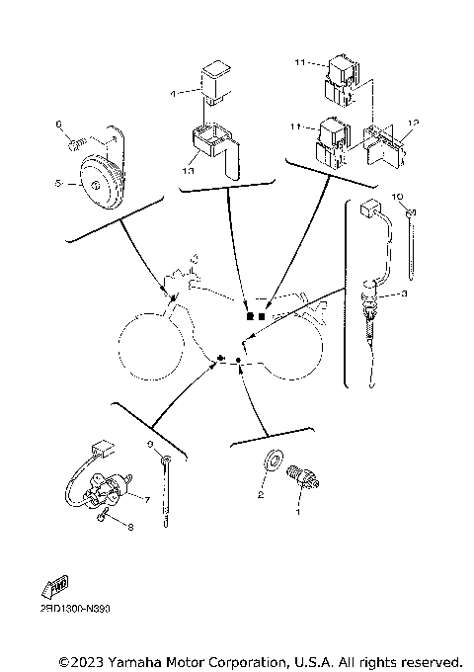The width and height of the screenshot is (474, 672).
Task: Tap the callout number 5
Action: [x=59, y=184]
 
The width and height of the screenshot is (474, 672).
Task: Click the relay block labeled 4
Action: [x=214, y=81]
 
